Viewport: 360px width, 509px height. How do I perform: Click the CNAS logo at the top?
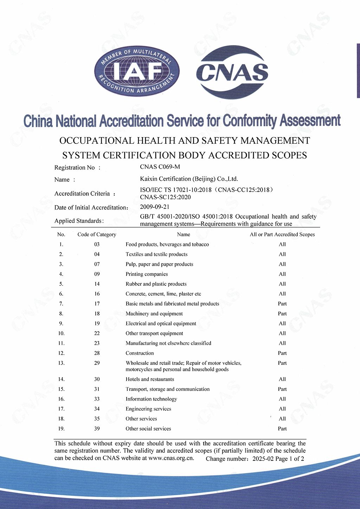point(232,72)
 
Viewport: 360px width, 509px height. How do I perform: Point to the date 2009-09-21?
point(155,207)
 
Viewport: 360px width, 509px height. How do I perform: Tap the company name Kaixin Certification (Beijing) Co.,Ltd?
point(189,179)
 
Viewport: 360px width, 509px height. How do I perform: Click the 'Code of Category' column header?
point(97,234)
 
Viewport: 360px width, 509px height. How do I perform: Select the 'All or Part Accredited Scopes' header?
point(282,234)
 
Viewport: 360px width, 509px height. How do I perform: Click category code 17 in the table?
point(97,304)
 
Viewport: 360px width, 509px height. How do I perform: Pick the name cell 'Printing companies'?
point(147,274)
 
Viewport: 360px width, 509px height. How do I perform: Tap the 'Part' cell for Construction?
point(282,353)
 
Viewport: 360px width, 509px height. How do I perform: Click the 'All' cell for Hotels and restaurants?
point(282,379)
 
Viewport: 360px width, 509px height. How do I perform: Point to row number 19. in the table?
point(62,429)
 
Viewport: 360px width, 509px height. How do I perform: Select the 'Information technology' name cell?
point(151,399)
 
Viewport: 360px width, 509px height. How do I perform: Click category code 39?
point(97,429)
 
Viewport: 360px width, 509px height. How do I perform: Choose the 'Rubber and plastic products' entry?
point(156,284)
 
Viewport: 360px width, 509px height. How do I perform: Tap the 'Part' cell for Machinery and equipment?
point(282,314)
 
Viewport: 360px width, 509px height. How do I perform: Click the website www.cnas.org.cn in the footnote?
point(171,458)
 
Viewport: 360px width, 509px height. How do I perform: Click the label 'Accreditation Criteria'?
point(82,194)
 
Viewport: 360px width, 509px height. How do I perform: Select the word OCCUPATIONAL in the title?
point(95,141)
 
